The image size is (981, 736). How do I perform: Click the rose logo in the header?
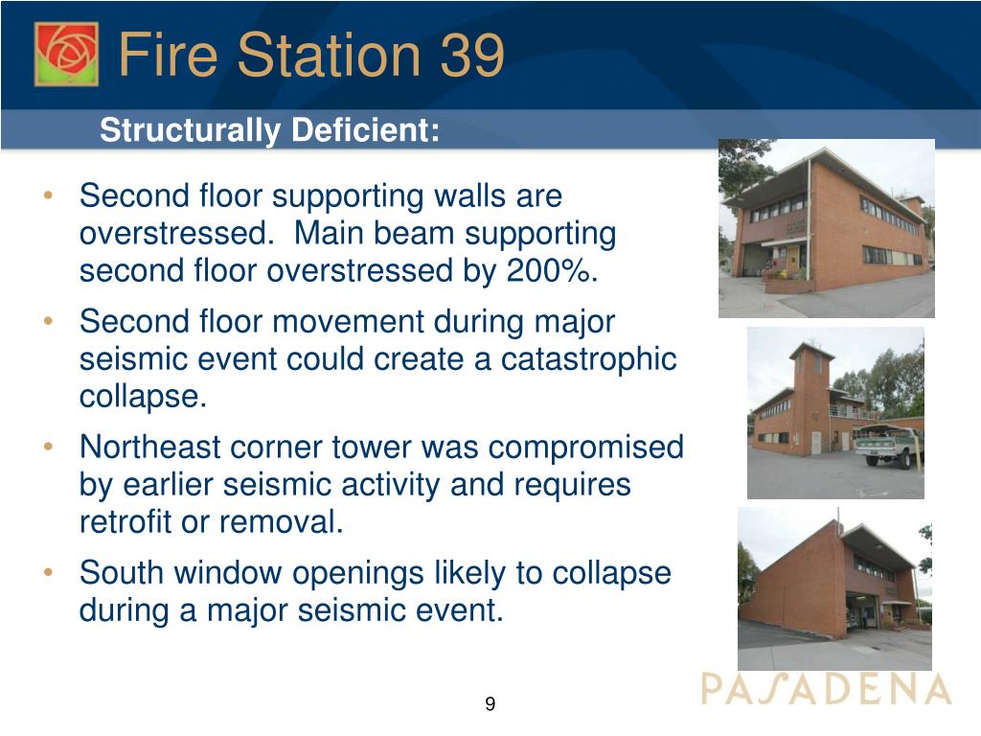[x=66, y=54]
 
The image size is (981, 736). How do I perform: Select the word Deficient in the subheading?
[x=365, y=130]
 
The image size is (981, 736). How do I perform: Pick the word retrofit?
[x=125, y=522]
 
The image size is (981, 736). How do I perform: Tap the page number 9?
[x=490, y=703]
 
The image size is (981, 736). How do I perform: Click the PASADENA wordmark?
[x=826, y=689]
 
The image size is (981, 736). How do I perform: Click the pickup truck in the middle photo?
[x=888, y=445]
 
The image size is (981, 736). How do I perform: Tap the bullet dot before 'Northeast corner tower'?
[x=48, y=447]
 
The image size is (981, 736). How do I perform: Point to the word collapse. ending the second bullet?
[x=143, y=398]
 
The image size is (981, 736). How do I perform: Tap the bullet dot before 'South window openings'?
[x=48, y=572]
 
